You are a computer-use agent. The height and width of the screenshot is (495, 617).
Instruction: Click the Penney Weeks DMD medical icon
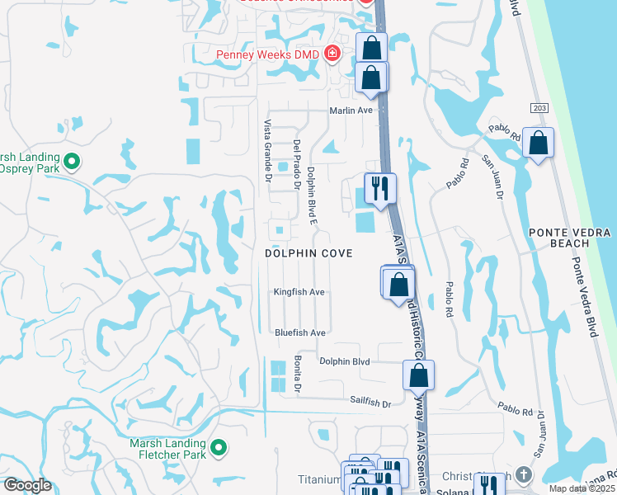pos(332,54)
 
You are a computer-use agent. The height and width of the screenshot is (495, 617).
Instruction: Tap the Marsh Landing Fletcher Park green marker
pos(219,448)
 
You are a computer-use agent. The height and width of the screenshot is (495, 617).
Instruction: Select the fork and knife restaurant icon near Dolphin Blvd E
pos(380,189)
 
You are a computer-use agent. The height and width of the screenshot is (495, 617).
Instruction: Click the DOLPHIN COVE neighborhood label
pos(308,253)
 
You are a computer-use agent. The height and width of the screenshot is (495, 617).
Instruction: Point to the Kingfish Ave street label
pos(299,292)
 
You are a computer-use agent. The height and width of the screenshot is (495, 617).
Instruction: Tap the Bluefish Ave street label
pos(300,332)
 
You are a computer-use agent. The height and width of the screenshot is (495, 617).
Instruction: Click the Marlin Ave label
pos(352,110)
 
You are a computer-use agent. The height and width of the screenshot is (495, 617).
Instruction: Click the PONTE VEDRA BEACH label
pos(571,238)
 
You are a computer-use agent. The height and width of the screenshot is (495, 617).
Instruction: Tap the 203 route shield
pos(539,108)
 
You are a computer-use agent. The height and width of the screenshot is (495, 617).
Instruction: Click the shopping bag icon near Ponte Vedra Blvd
pos(539,144)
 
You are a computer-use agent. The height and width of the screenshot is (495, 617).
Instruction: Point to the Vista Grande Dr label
pos(267,149)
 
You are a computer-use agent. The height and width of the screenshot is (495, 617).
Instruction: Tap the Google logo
pos(27,485)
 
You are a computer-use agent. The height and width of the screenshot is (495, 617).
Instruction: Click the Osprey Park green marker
pos(71,162)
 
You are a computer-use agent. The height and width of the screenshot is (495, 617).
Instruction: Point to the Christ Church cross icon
pos(524,475)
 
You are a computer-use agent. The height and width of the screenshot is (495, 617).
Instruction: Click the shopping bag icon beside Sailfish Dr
pos(419,376)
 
